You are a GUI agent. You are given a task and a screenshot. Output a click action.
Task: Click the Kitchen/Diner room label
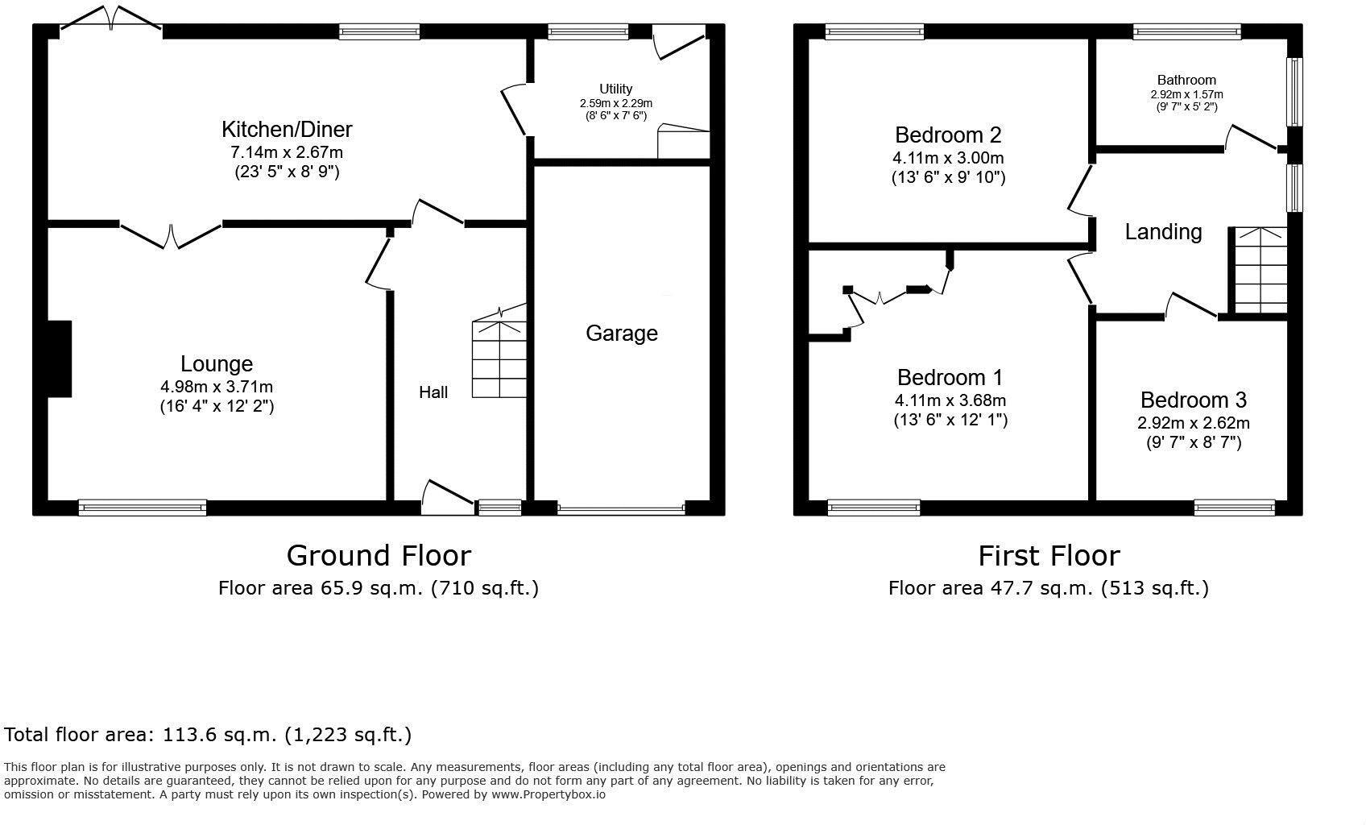(x=287, y=129)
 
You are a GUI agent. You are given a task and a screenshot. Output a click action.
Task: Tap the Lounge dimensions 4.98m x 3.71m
(x=216, y=387)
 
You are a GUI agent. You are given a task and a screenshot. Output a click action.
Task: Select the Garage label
(x=621, y=333)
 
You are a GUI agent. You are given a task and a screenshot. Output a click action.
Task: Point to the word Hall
(x=433, y=392)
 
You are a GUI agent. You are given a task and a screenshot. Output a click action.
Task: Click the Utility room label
(x=615, y=89)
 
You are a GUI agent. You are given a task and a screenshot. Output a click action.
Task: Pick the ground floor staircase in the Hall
(x=499, y=359)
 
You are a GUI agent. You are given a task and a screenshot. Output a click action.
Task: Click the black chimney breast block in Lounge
(x=59, y=359)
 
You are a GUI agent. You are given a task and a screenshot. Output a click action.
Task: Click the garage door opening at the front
(x=620, y=509)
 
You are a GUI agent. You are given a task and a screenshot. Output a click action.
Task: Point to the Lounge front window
(x=143, y=508)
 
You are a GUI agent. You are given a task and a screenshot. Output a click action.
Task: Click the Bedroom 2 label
(x=948, y=135)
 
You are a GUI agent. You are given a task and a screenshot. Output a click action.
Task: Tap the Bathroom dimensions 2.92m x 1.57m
(x=1186, y=94)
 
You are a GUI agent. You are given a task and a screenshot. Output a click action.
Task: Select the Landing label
(x=1163, y=232)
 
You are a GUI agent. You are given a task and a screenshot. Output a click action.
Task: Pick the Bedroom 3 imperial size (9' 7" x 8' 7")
(x=1193, y=442)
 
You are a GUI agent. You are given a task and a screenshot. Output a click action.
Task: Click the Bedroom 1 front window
(x=873, y=508)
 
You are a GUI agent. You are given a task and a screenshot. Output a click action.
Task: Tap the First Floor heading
(x=1049, y=556)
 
